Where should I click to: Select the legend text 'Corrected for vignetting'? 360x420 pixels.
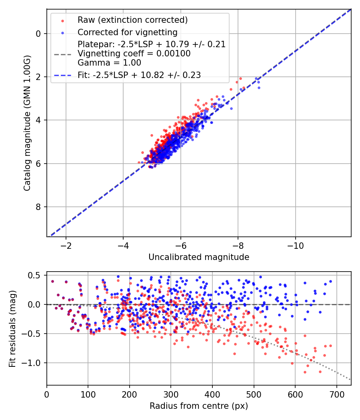click(x=128, y=32)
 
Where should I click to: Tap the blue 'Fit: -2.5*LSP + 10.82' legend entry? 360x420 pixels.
click(x=139, y=75)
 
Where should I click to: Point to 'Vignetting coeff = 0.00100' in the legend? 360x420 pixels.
click(x=134, y=54)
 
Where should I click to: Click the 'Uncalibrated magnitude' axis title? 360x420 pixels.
click(x=199, y=257)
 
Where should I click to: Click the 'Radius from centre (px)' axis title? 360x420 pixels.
click(x=199, y=406)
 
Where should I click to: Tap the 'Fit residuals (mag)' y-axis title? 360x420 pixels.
click(x=12, y=328)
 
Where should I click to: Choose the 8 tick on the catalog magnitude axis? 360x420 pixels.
click(x=38, y=207)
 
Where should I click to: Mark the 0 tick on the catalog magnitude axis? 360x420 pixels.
click(x=38, y=34)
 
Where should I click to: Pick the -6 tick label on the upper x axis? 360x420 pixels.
click(x=180, y=244)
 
